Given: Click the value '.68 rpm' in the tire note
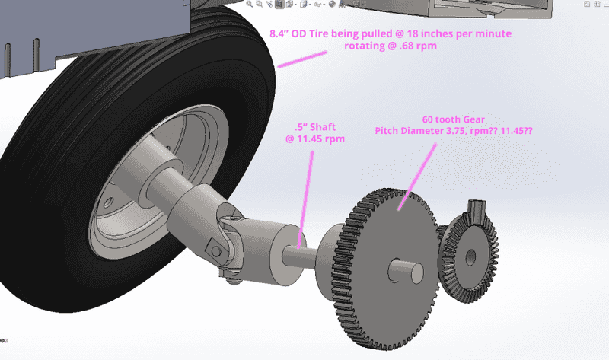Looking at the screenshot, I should (x=423, y=46).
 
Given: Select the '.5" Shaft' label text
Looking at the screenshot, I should (x=311, y=126).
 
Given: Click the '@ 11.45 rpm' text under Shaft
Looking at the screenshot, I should (x=311, y=139).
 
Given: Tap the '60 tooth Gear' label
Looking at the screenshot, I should (x=452, y=119).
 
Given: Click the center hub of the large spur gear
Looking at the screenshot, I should (x=399, y=269).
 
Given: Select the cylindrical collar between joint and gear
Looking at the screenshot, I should (x=273, y=251).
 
